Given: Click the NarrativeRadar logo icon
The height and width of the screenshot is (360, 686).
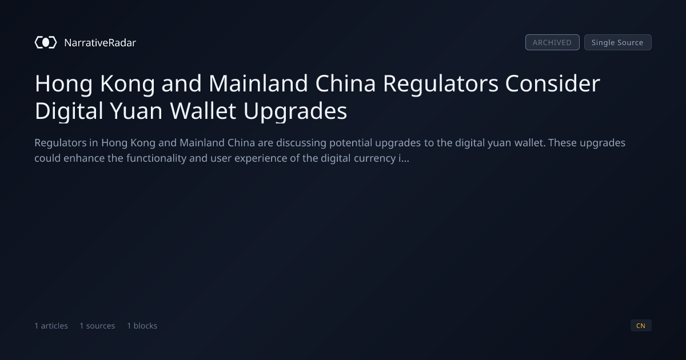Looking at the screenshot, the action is (46, 42).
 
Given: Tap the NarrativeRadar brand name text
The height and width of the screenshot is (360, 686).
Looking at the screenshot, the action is (100, 43).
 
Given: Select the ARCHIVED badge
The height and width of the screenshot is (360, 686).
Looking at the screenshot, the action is (552, 42).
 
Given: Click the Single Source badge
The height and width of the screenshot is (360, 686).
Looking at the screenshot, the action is (618, 42).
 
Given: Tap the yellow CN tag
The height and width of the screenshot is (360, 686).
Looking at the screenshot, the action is (641, 326).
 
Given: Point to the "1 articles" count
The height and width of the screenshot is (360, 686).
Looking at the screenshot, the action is (51, 326).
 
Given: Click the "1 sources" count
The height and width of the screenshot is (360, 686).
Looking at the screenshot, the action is (97, 326).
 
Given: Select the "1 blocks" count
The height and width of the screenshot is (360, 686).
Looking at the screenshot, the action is (142, 326).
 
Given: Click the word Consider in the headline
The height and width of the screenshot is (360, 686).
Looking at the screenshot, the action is (552, 83).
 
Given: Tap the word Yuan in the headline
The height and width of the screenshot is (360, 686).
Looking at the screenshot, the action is (136, 111).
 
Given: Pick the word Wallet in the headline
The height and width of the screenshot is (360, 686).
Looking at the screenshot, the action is (203, 111).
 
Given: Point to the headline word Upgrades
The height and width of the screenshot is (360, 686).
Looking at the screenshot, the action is (295, 111).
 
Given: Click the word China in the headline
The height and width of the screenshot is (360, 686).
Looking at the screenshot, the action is (345, 83).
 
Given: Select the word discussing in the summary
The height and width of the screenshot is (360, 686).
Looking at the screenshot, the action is (301, 143).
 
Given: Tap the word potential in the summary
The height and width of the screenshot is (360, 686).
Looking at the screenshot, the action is (350, 143).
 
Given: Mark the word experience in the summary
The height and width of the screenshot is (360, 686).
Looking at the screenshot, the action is (261, 159).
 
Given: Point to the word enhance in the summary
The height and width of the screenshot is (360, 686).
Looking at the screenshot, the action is (84, 158).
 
